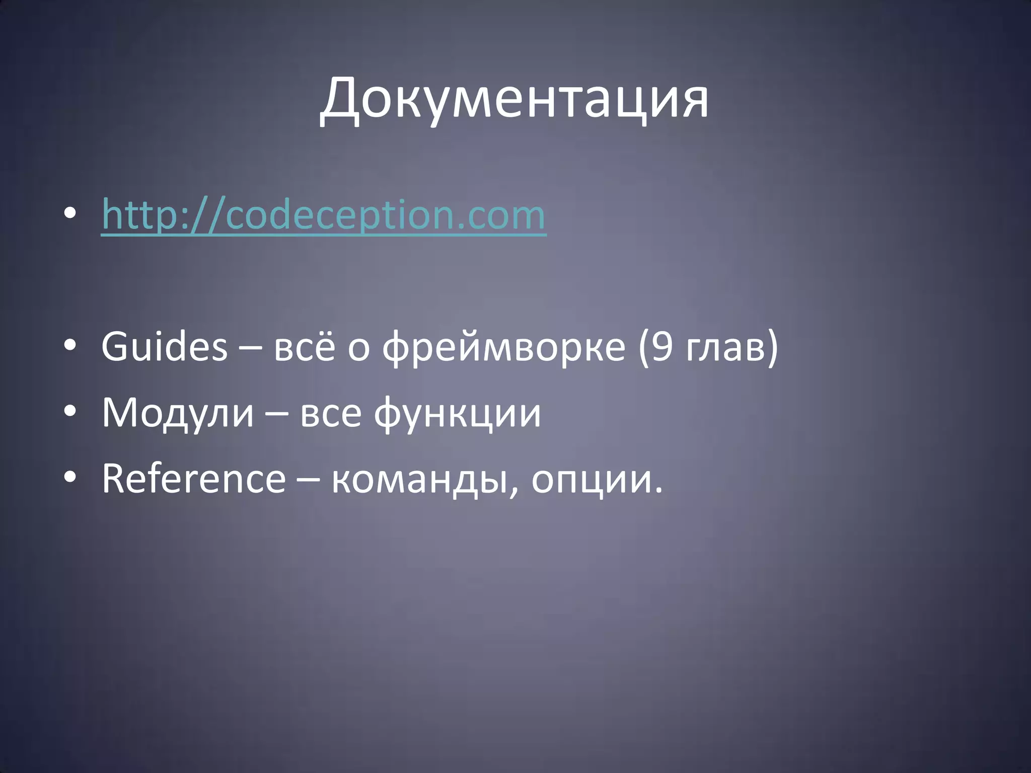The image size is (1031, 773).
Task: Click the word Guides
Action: pyautogui.click(x=165, y=347)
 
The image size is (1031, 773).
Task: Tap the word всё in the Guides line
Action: pyautogui.click(x=304, y=348)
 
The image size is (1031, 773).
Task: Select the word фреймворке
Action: pyautogui.click(x=503, y=348)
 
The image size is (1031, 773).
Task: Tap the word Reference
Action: pyautogui.click(x=194, y=479)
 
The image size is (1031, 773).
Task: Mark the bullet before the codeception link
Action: pyautogui.click(x=70, y=214)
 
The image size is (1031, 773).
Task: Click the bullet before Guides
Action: pyautogui.click(x=70, y=346)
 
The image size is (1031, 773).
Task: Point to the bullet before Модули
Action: pyautogui.click(x=70, y=412)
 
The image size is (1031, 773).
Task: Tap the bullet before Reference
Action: pyautogui.click(x=70, y=478)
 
